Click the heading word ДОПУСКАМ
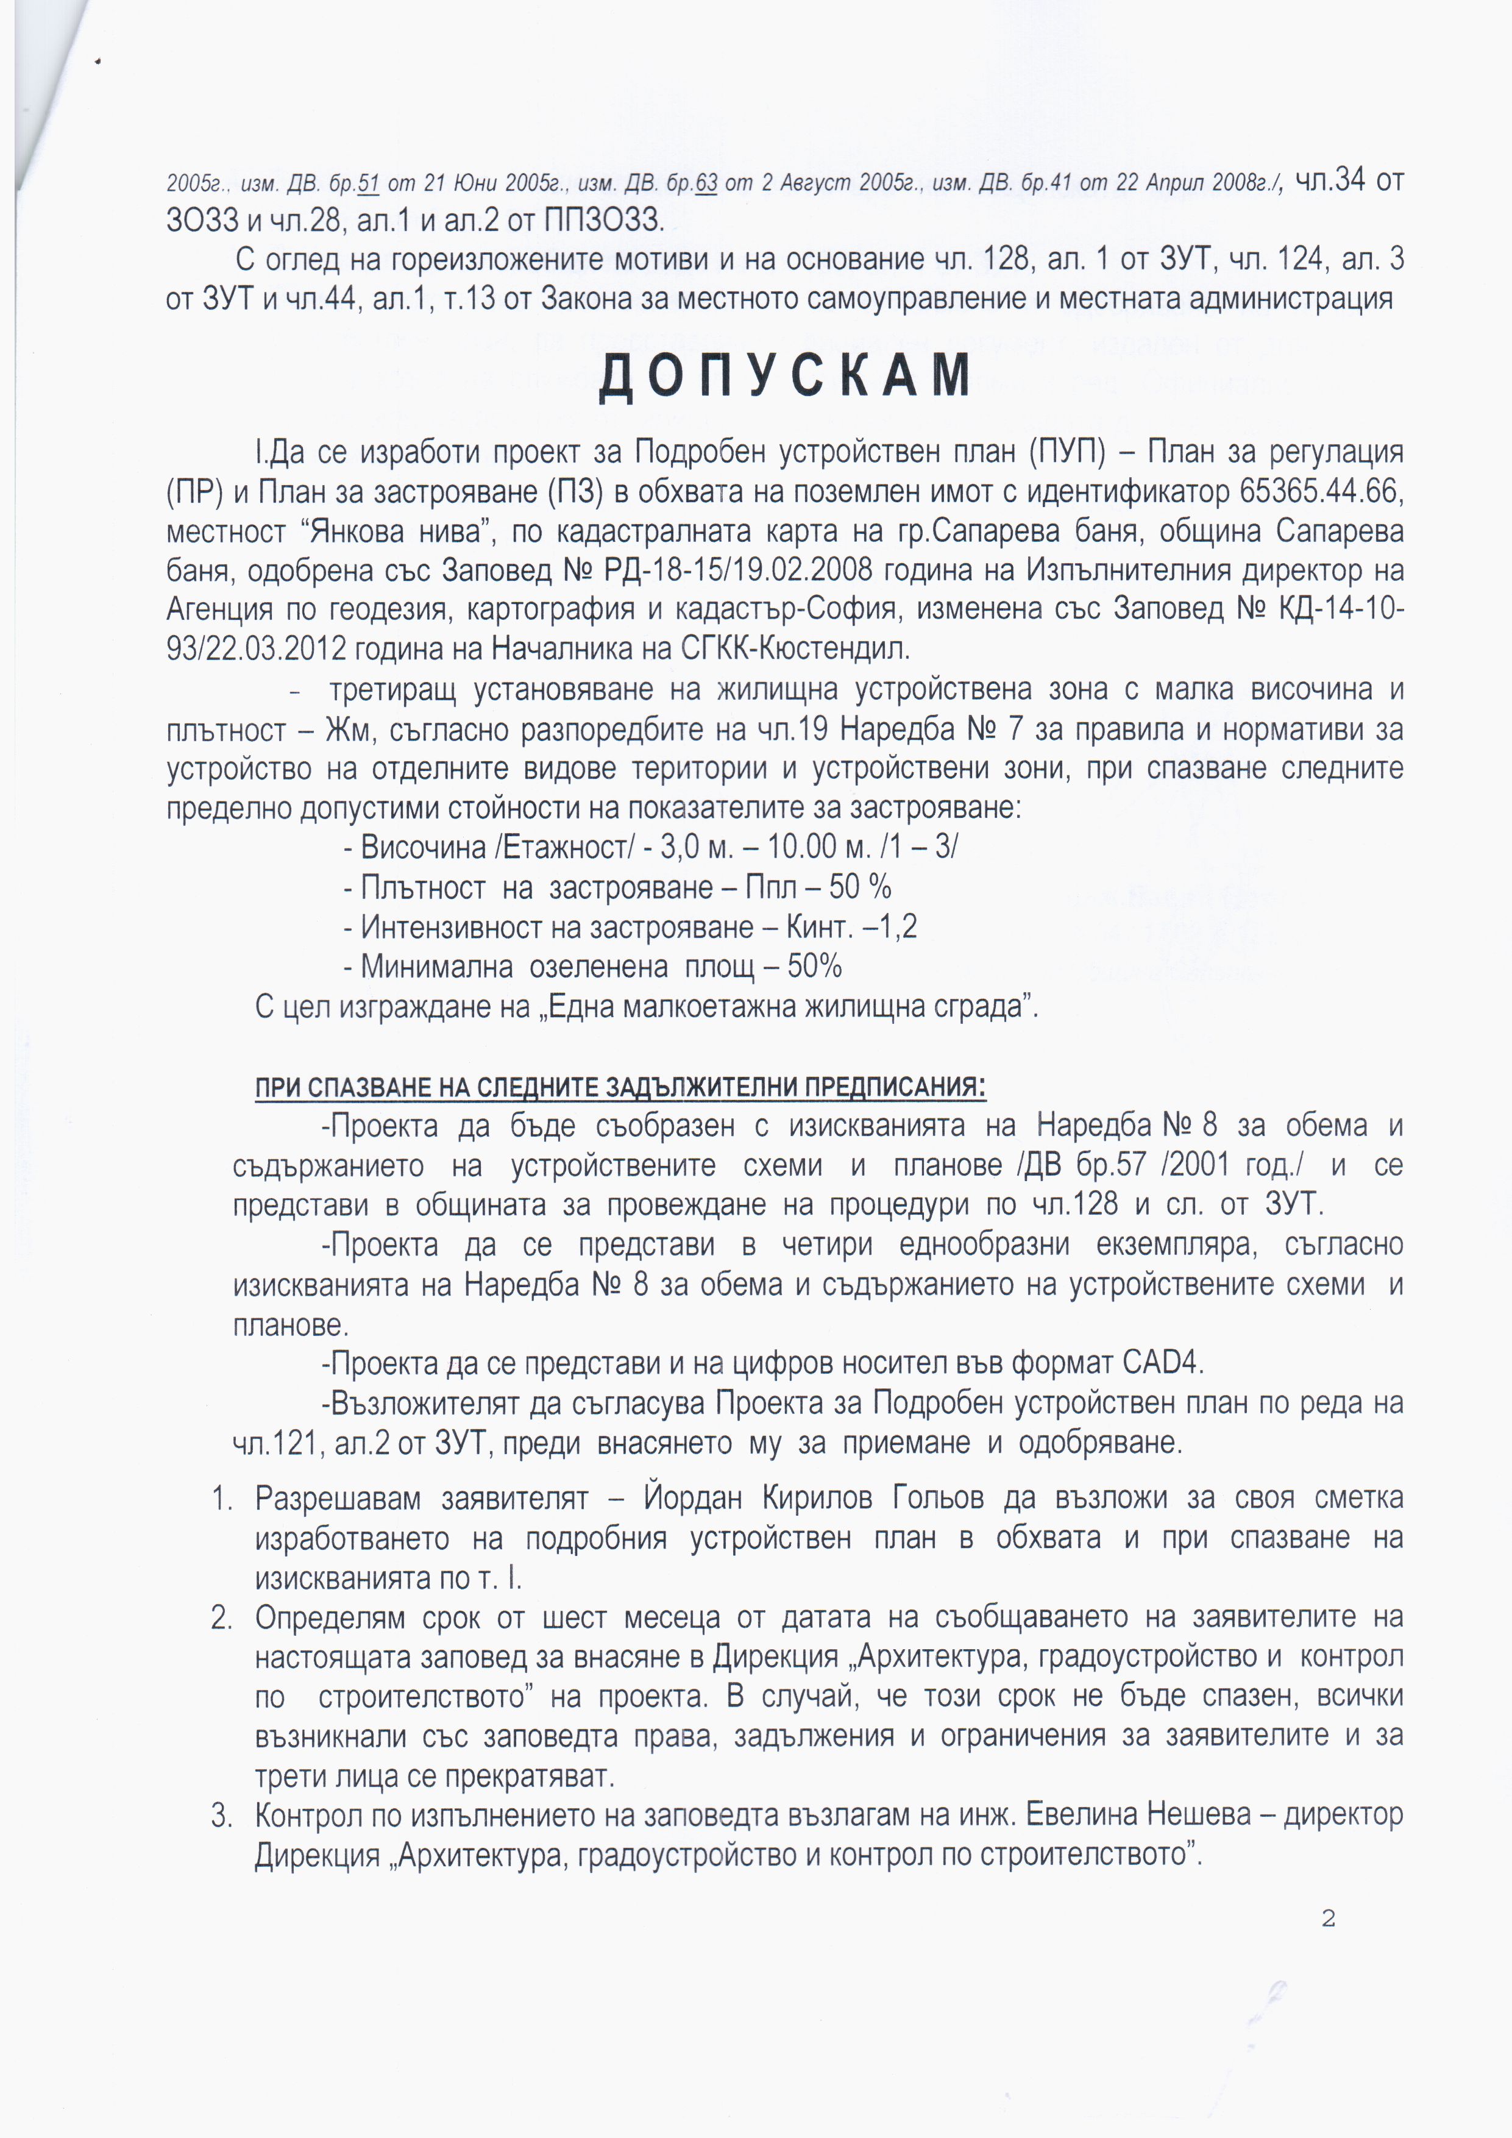785,376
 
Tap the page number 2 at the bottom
1328,1918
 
